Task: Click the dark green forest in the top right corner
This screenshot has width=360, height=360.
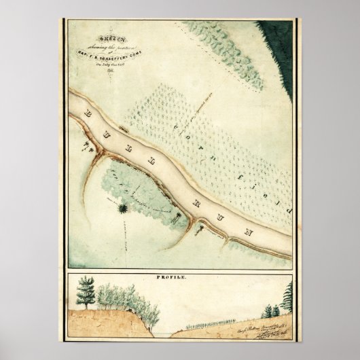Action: [279, 41]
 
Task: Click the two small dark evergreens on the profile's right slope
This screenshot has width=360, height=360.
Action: [270, 311]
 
